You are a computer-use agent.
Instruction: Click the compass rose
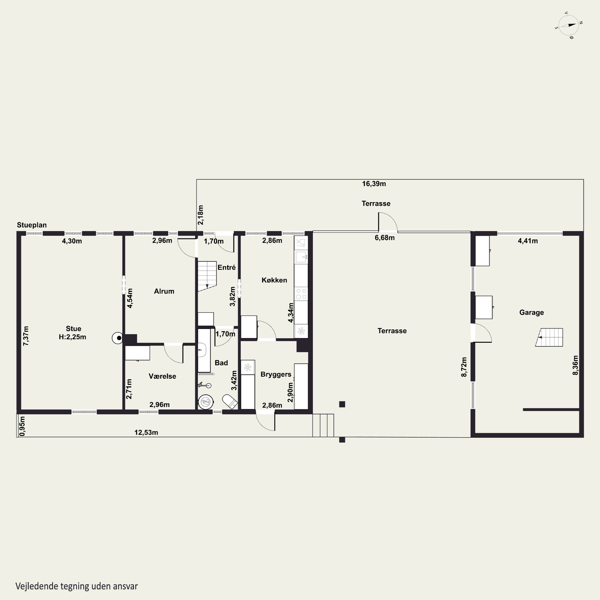tap(569, 25)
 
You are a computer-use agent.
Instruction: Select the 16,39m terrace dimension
tap(374, 184)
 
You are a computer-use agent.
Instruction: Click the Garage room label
tap(531, 312)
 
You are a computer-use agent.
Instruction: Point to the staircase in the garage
tap(549, 337)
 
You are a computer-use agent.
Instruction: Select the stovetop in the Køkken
tap(301, 294)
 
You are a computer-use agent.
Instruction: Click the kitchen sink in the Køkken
tap(301, 257)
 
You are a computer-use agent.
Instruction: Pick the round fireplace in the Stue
tap(118, 338)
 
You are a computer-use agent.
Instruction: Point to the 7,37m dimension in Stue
tap(26, 336)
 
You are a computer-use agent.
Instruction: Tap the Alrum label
tap(164, 291)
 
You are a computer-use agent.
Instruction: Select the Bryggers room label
tap(276, 375)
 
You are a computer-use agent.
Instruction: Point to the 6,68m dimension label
tap(384, 238)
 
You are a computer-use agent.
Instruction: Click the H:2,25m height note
tap(72, 337)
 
